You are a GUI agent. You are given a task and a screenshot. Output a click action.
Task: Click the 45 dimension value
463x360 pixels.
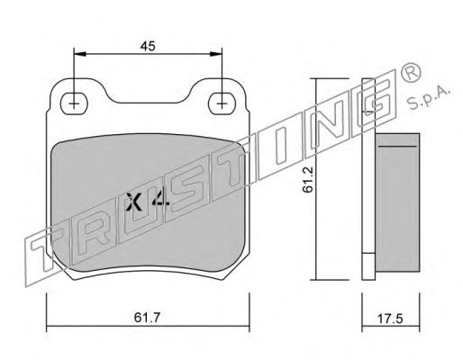coord(148,46)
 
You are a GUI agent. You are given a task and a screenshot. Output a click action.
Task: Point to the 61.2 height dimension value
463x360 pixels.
coord(308,179)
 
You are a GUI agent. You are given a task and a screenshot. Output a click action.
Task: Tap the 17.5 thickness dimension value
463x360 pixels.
coord(390,319)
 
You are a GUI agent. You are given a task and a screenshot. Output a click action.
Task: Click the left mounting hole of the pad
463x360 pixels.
coord(74,103)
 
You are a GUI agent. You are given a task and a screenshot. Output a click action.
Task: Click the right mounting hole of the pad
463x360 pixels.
coord(222,103)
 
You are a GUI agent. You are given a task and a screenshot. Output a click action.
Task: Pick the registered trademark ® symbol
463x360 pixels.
coord(411,73)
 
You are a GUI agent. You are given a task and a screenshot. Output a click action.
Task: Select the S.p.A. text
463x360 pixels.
coord(428,96)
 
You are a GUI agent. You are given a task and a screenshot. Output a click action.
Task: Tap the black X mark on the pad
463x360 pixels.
coord(134,202)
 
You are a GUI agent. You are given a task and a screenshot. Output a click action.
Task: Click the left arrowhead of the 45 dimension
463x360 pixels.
coord(80,54)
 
